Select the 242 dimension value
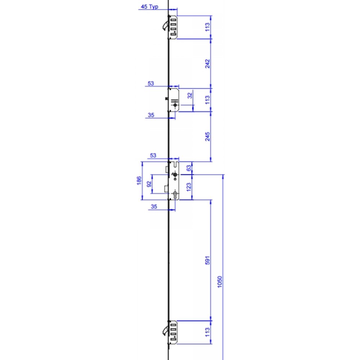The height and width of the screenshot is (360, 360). coord(207,63)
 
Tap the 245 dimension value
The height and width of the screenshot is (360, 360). coord(207,137)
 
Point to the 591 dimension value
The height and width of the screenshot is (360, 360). coord(207,260)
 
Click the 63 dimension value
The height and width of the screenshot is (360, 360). coord(188,168)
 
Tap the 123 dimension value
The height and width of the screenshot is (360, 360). coord(188,187)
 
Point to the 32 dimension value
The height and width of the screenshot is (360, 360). coord(190,96)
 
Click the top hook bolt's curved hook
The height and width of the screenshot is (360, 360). coord(165,26)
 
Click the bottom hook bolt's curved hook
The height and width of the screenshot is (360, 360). coord(165,330)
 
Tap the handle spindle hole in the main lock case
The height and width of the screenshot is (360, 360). coord(175,175)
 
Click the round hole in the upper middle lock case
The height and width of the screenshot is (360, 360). coord(175,105)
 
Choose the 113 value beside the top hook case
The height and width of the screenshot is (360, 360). coord(207,27)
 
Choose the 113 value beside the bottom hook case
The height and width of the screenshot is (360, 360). coord(207,332)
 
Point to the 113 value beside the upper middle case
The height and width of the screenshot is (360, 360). coord(207,100)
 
